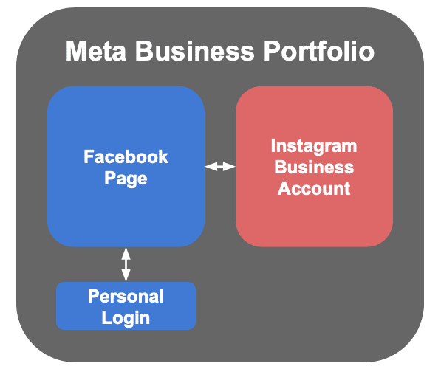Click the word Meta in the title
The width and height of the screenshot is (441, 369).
[x=94, y=52]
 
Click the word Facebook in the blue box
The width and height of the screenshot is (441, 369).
[x=126, y=156]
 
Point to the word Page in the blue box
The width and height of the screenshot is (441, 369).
[x=126, y=178]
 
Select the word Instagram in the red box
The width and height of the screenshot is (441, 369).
[x=313, y=145]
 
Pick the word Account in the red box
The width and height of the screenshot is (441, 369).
[x=313, y=188]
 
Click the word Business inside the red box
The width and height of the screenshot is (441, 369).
[x=313, y=167]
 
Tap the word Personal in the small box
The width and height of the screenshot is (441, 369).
[x=126, y=296]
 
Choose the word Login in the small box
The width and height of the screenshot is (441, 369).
[x=126, y=317]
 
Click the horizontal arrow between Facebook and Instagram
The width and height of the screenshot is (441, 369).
[x=219, y=167]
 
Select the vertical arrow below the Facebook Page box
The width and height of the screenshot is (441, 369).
[x=126, y=264]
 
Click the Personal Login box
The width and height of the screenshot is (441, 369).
[x=74, y=306]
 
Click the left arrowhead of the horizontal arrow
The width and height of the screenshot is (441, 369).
[x=209, y=167]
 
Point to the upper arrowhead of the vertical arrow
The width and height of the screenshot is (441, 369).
[x=126, y=252]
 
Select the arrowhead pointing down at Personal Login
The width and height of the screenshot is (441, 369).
[x=126, y=276]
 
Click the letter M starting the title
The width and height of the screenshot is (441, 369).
[x=75, y=52]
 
